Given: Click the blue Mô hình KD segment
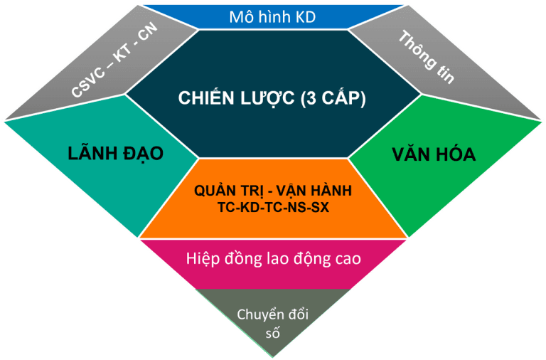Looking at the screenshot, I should point(273,16).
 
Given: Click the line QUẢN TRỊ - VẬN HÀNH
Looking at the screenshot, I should point(273,191).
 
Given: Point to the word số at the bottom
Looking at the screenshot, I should point(274,332).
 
